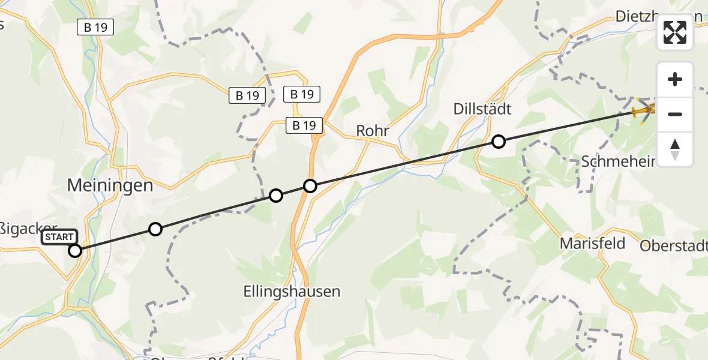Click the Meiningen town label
click(110, 185)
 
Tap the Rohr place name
click(373, 131)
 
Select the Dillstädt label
click(482, 109)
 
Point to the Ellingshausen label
click(292, 292)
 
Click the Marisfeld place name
click(592, 243)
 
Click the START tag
click(59, 237)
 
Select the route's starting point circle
click(75, 251)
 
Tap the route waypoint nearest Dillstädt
click(498, 142)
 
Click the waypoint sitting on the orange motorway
click(310, 186)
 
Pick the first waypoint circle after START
click(155, 229)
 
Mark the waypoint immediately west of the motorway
click(275, 195)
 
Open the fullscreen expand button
click(675, 33)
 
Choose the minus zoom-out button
click(675, 114)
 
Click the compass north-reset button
click(675, 149)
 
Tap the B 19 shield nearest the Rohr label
click(304, 125)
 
